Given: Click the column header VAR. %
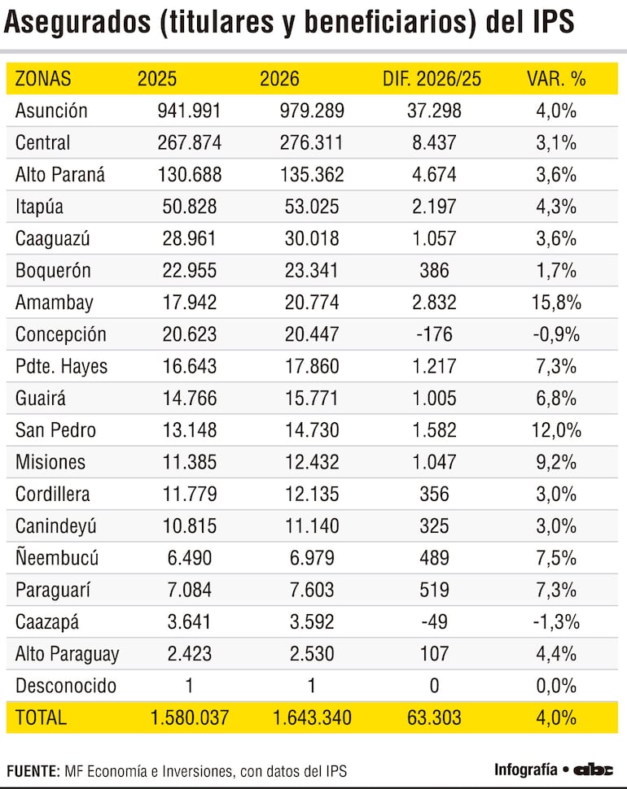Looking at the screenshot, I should [556, 79].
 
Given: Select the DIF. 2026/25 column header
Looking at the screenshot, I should [432, 79].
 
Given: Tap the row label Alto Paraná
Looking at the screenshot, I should [60, 175].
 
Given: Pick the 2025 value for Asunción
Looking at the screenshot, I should [189, 111].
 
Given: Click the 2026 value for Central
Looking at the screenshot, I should [301, 143].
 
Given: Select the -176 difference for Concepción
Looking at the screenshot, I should [433, 334].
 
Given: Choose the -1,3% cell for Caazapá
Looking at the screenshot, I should [557, 622].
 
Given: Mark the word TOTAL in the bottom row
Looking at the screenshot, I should [41, 717].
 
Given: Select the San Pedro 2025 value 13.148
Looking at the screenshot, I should [189, 430].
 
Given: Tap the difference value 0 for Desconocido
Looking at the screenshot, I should [434, 686].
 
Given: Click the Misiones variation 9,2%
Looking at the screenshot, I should [557, 462].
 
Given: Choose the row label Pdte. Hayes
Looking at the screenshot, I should [61, 367].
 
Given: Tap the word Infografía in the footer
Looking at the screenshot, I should [524, 769].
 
